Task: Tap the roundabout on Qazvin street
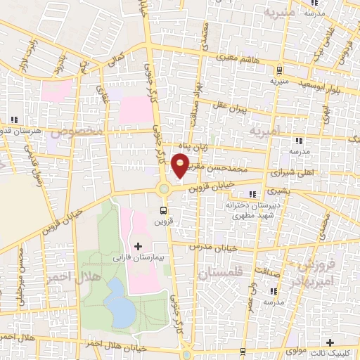coord(165,188)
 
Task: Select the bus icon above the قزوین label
coord(164,210)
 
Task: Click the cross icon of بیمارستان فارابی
coord(138,246)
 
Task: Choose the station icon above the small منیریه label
coord(280,70)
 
